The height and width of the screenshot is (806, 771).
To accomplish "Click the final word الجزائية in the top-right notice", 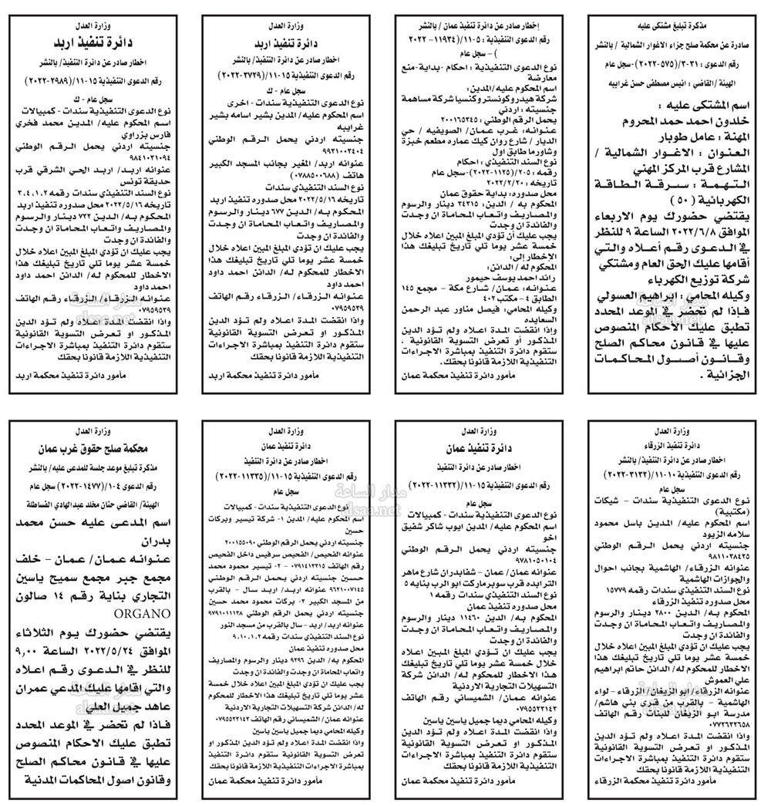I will click(x=720, y=379).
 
